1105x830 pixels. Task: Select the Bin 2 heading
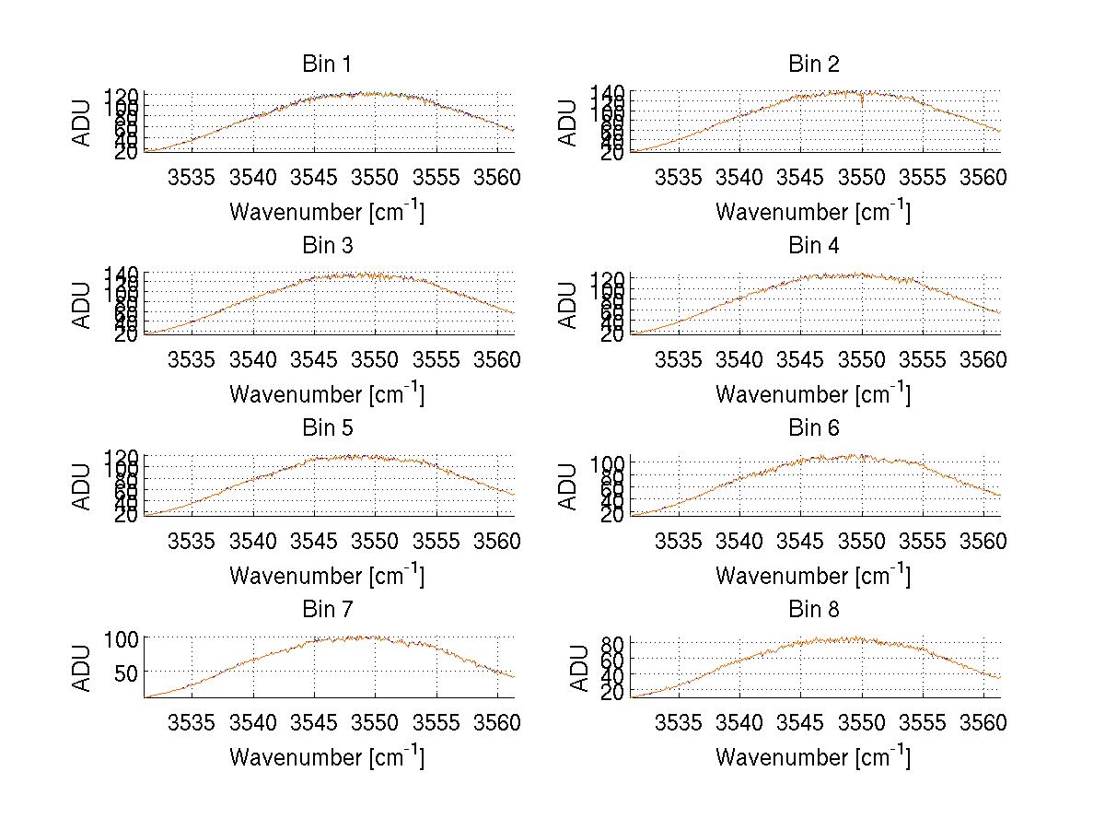point(814,64)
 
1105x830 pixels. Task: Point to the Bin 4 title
point(814,246)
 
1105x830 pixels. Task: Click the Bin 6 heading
point(814,428)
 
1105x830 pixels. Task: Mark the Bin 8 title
point(814,610)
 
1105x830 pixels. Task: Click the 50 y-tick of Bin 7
point(127,672)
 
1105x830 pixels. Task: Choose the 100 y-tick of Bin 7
point(121,638)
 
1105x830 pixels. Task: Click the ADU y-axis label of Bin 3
point(83,305)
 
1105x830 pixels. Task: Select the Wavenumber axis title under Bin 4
point(813,393)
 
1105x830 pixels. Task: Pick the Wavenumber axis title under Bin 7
point(326,757)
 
